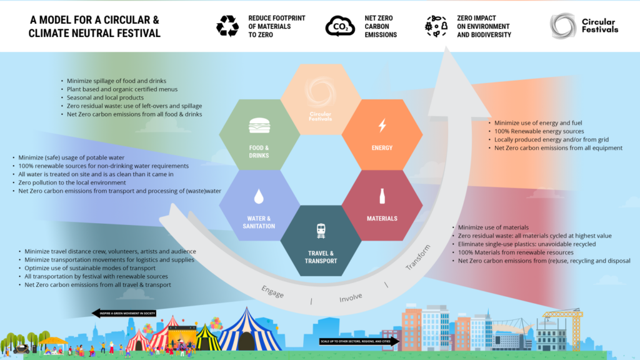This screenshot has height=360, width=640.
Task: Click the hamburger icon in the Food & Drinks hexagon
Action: [259, 126]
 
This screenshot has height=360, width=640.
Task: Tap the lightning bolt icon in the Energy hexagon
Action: [382, 126]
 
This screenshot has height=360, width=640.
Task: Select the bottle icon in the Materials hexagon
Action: [382, 196]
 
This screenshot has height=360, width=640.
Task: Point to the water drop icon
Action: [259, 197]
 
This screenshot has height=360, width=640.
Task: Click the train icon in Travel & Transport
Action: [321, 231]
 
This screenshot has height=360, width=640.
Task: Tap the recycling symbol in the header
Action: [227, 26]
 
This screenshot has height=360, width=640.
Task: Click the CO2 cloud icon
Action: [340, 27]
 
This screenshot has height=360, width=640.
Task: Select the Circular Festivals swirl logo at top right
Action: [562, 26]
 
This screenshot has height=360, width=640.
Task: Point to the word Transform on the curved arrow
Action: [418, 257]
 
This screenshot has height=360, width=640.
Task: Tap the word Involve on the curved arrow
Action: [351, 297]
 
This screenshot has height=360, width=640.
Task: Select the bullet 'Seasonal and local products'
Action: [106, 98]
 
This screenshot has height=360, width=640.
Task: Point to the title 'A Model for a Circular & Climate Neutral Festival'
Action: [94, 27]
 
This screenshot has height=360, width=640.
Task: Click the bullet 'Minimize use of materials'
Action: [493, 227]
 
